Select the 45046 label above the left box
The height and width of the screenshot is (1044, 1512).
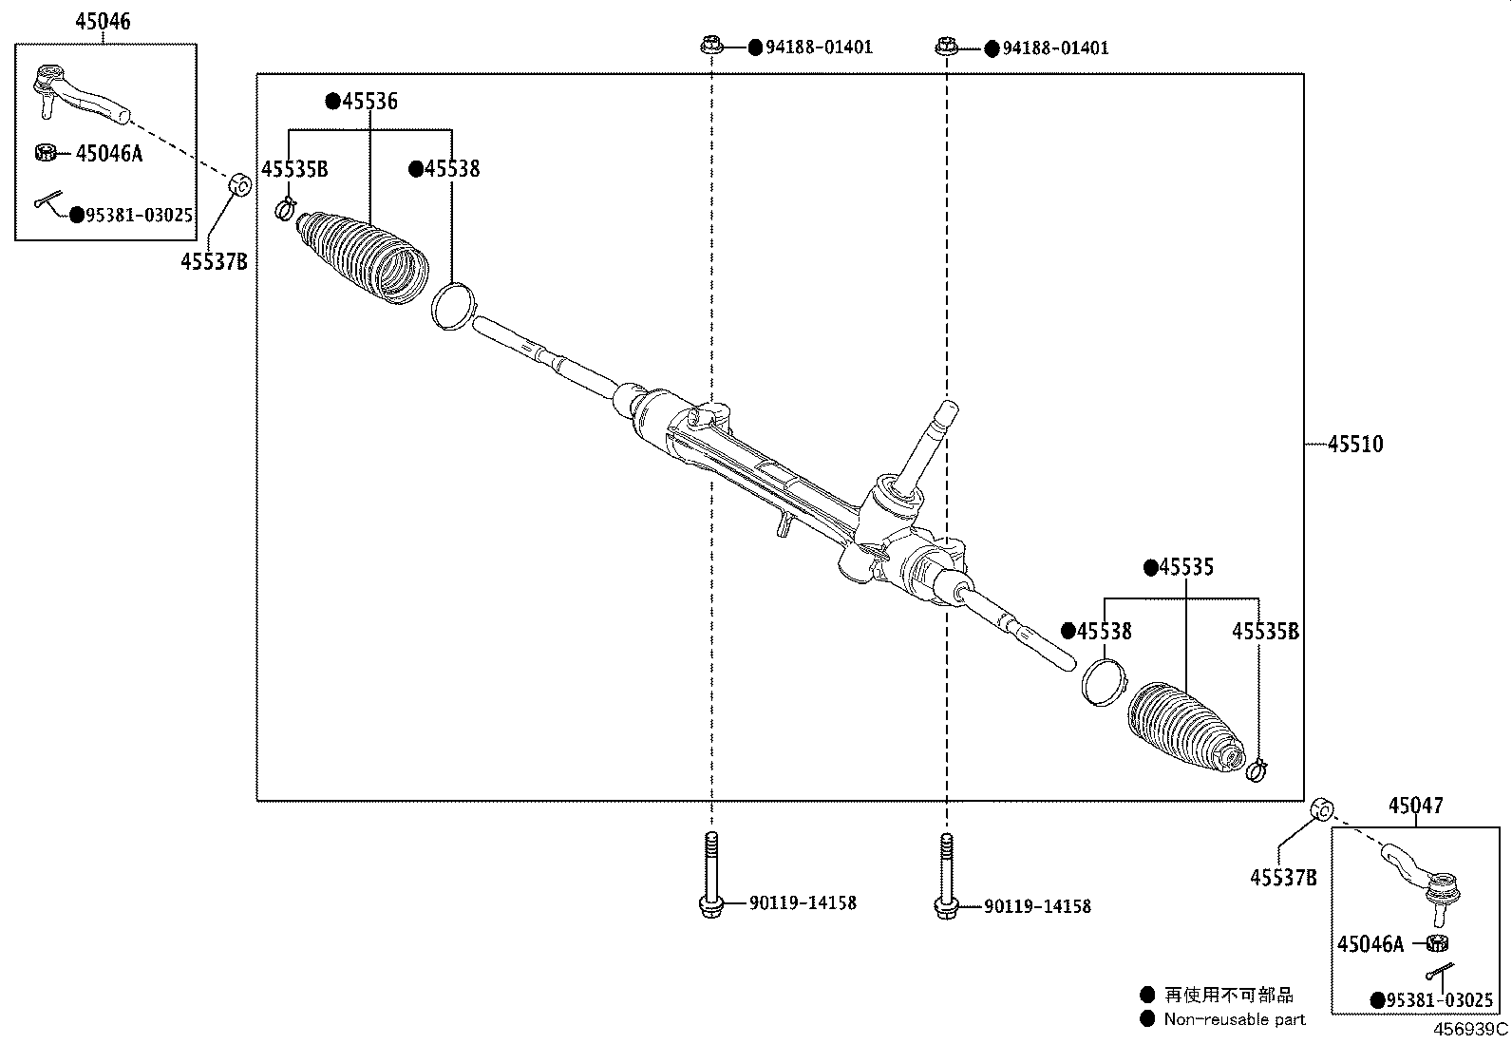(x=103, y=22)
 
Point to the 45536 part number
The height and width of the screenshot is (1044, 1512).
(x=369, y=102)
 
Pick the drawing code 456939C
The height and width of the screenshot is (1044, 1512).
(x=1470, y=1029)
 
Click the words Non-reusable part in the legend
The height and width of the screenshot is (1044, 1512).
(x=1234, y=1019)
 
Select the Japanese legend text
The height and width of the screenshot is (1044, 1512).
(x=1229, y=995)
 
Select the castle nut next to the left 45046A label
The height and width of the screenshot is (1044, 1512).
(x=45, y=152)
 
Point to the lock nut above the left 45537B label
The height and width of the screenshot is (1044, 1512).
(x=241, y=182)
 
